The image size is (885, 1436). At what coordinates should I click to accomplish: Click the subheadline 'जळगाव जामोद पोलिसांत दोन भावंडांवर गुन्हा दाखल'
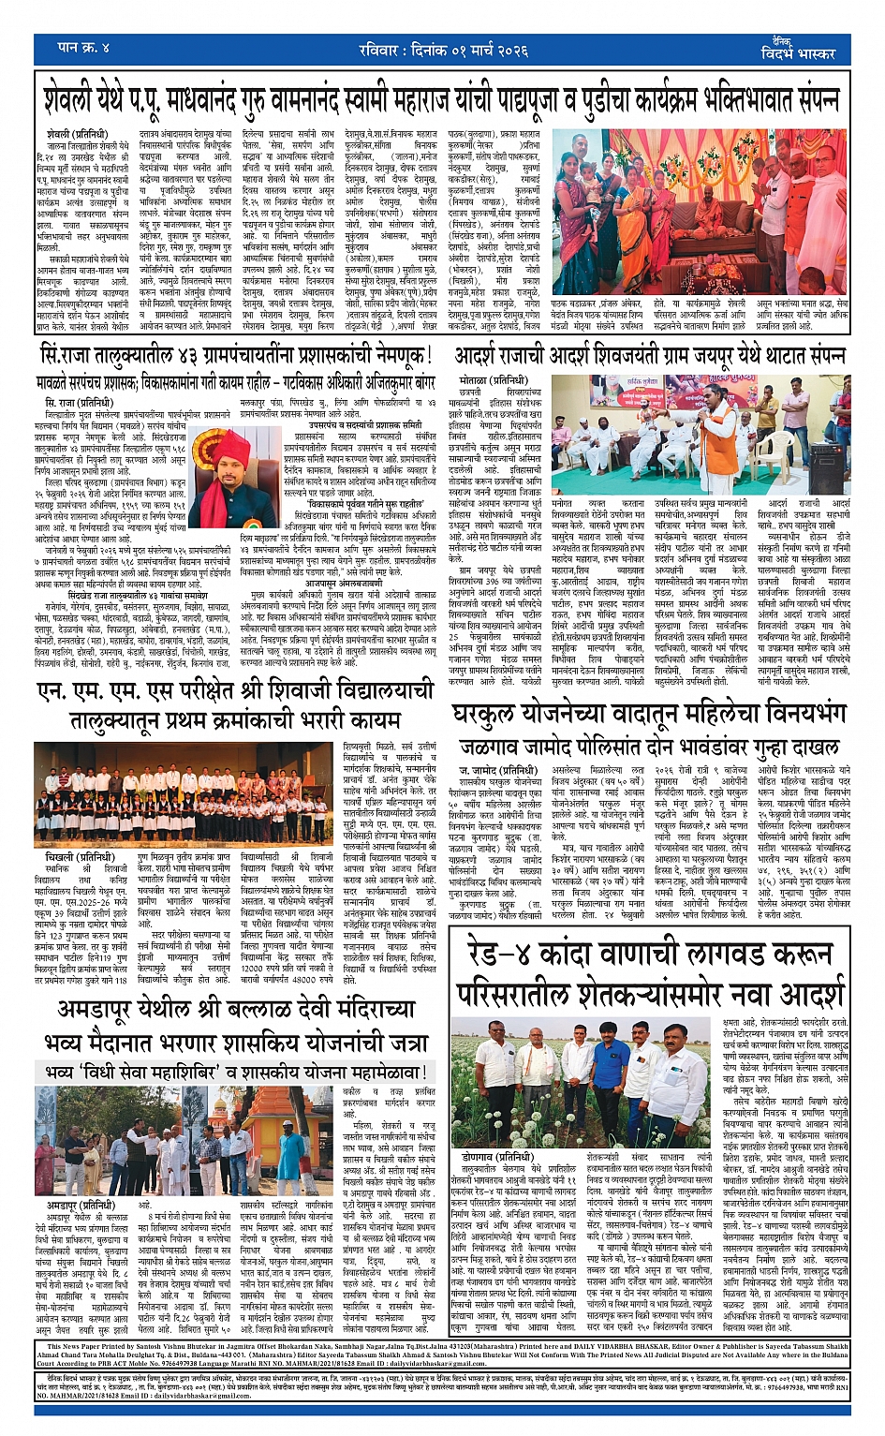648,748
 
